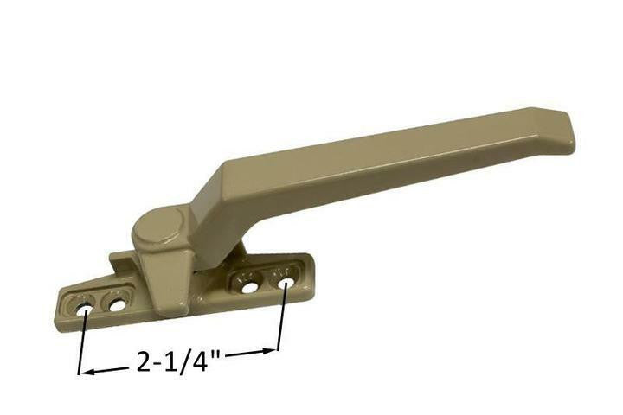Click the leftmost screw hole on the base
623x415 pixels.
(x=87, y=307)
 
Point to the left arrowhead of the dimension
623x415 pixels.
(x=84, y=373)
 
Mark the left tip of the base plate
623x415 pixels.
(x=59, y=313)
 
